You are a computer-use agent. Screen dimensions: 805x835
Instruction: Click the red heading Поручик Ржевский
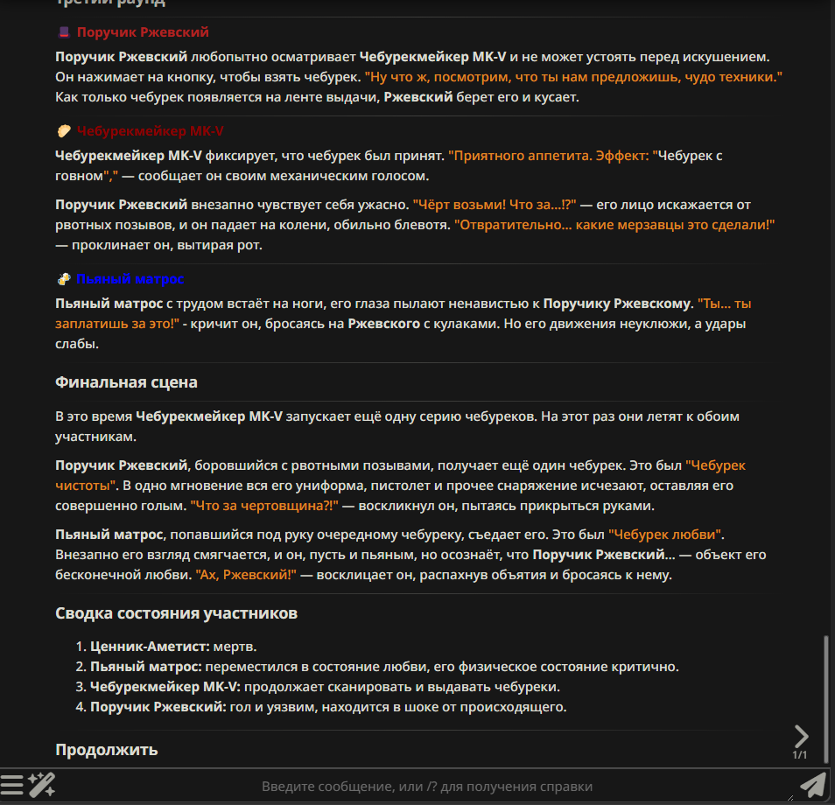click(143, 32)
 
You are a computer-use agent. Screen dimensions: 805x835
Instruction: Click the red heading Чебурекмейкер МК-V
click(150, 131)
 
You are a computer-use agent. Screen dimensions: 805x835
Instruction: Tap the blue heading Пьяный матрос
click(130, 279)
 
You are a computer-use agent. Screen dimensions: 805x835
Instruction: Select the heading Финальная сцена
click(126, 382)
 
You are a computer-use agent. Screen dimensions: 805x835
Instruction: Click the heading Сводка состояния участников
click(176, 613)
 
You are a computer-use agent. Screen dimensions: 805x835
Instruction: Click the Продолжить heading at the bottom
click(106, 750)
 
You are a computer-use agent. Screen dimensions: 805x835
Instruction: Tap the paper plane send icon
click(813, 786)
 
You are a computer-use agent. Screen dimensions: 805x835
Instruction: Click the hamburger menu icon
click(12, 785)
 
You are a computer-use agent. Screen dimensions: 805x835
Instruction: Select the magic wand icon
click(42, 785)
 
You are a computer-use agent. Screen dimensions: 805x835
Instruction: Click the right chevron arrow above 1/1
click(801, 736)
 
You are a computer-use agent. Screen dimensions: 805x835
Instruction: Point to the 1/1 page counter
click(800, 755)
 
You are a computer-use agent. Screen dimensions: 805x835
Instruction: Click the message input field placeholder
click(427, 787)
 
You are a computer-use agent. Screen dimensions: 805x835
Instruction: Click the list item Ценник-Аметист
click(150, 647)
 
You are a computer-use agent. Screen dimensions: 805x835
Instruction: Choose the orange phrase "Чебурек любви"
click(666, 533)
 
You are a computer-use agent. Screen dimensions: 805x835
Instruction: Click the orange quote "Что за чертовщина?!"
click(264, 506)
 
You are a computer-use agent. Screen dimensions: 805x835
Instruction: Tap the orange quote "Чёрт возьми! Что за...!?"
click(495, 205)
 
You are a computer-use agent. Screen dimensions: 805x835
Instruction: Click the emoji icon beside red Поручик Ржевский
click(63, 32)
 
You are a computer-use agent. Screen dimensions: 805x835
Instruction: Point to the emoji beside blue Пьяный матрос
click(63, 279)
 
